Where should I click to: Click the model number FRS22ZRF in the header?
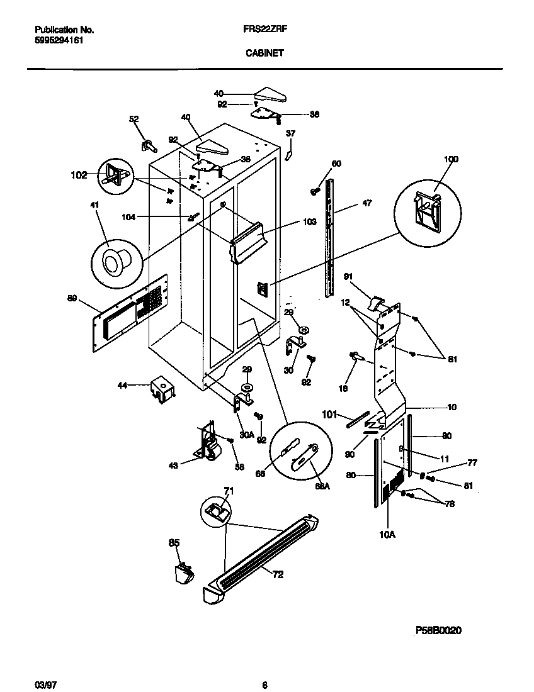(264, 30)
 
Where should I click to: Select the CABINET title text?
(264, 53)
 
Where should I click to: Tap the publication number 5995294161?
(59, 40)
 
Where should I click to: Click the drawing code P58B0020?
(439, 630)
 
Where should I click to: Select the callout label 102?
(79, 176)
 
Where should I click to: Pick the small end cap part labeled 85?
(183, 574)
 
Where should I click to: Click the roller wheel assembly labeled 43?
(208, 443)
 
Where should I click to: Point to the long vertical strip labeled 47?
(327, 239)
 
